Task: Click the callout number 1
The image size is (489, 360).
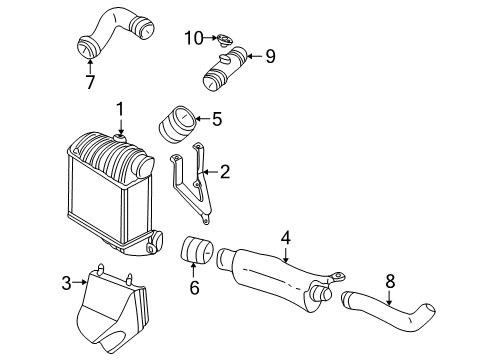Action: pos(120,109)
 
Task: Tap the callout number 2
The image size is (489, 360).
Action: pos(225,172)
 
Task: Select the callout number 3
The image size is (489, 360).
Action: pos(67,283)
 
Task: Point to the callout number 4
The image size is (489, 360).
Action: pos(286,238)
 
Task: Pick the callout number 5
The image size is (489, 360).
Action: pos(217,119)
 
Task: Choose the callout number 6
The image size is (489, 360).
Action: pos(194,287)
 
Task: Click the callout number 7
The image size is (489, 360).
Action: pos(90,82)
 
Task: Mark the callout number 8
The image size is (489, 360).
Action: pos(390,281)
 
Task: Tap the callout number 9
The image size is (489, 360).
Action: pos(270,56)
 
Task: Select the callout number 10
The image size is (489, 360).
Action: pos(194,38)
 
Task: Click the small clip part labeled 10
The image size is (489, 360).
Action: pos(224,41)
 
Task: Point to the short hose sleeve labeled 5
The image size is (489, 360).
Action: pos(176,124)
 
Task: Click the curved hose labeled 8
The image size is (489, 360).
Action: pos(388,311)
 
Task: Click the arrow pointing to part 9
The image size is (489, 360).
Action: pos(254,56)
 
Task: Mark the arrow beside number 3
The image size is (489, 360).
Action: pos(80,282)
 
